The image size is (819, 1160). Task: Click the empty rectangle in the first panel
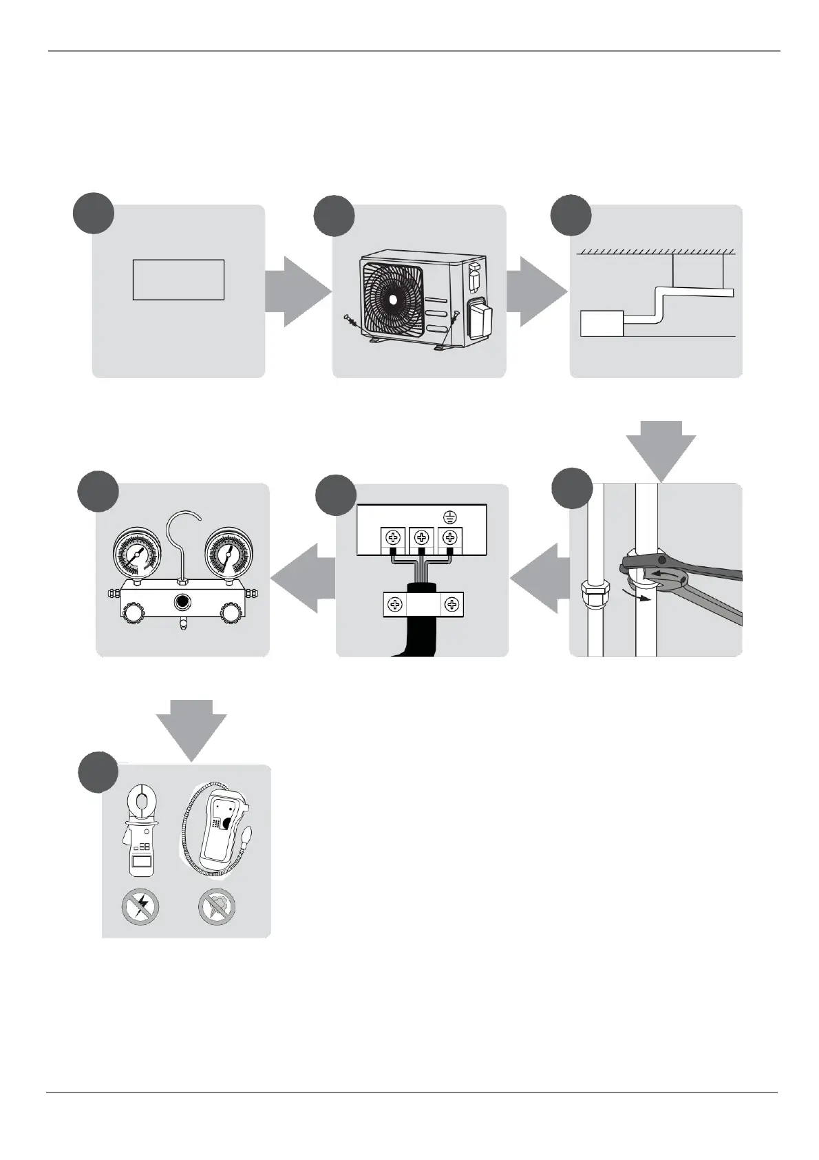(x=178, y=280)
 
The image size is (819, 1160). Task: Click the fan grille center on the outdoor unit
(x=392, y=300)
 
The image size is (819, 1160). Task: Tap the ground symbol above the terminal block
(x=449, y=516)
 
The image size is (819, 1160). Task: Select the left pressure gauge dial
(x=136, y=552)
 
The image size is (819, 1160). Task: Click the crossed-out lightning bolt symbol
(x=140, y=907)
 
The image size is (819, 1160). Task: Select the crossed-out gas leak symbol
(x=217, y=907)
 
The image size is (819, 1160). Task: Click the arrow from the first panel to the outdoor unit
(x=297, y=291)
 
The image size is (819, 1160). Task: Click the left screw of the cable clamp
(x=395, y=605)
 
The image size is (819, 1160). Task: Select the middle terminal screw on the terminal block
(x=421, y=537)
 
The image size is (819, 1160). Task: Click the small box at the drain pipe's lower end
(x=602, y=324)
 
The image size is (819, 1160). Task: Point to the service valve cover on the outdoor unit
(x=480, y=318)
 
